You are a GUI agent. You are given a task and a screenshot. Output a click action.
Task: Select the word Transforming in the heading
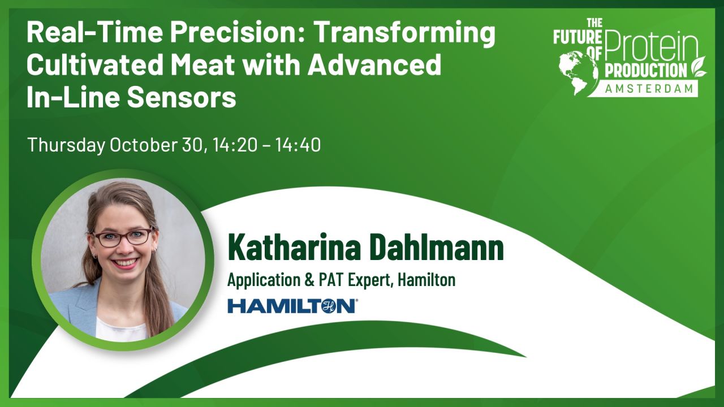[404, 34]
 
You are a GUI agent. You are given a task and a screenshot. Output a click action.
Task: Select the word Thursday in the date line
[66, 145]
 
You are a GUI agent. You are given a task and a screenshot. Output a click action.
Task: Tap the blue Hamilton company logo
[292, 306]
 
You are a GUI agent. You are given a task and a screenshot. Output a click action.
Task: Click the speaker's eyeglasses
[122, 236]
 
